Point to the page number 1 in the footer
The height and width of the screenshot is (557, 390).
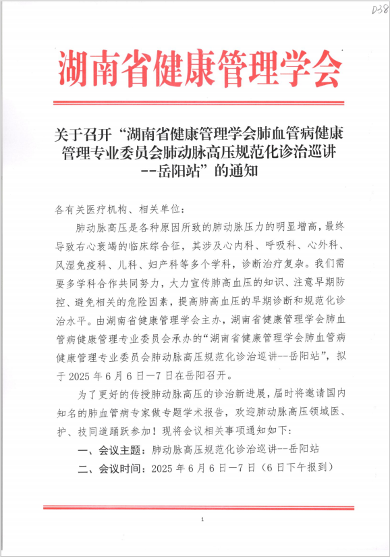(x=202, y=519)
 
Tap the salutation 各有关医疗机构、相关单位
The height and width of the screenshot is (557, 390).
(x=120, y=210)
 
